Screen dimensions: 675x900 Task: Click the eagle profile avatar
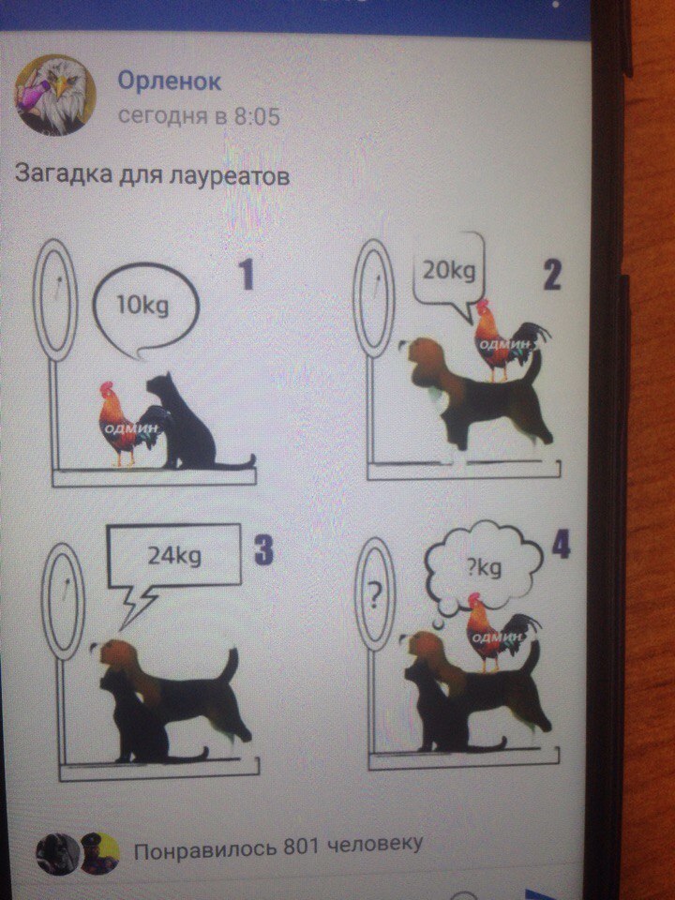click(x=54, y=96)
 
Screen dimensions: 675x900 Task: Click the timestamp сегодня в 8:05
click(x=199, y=116)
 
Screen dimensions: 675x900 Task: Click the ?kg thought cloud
click(x=484, y=568)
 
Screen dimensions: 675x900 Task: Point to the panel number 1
click(x=247, y=275)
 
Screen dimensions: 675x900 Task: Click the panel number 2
click(x=551, y=275)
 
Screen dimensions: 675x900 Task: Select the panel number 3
click(x=263, y=550)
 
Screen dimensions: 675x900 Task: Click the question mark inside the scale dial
click(x=374, y=597)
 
